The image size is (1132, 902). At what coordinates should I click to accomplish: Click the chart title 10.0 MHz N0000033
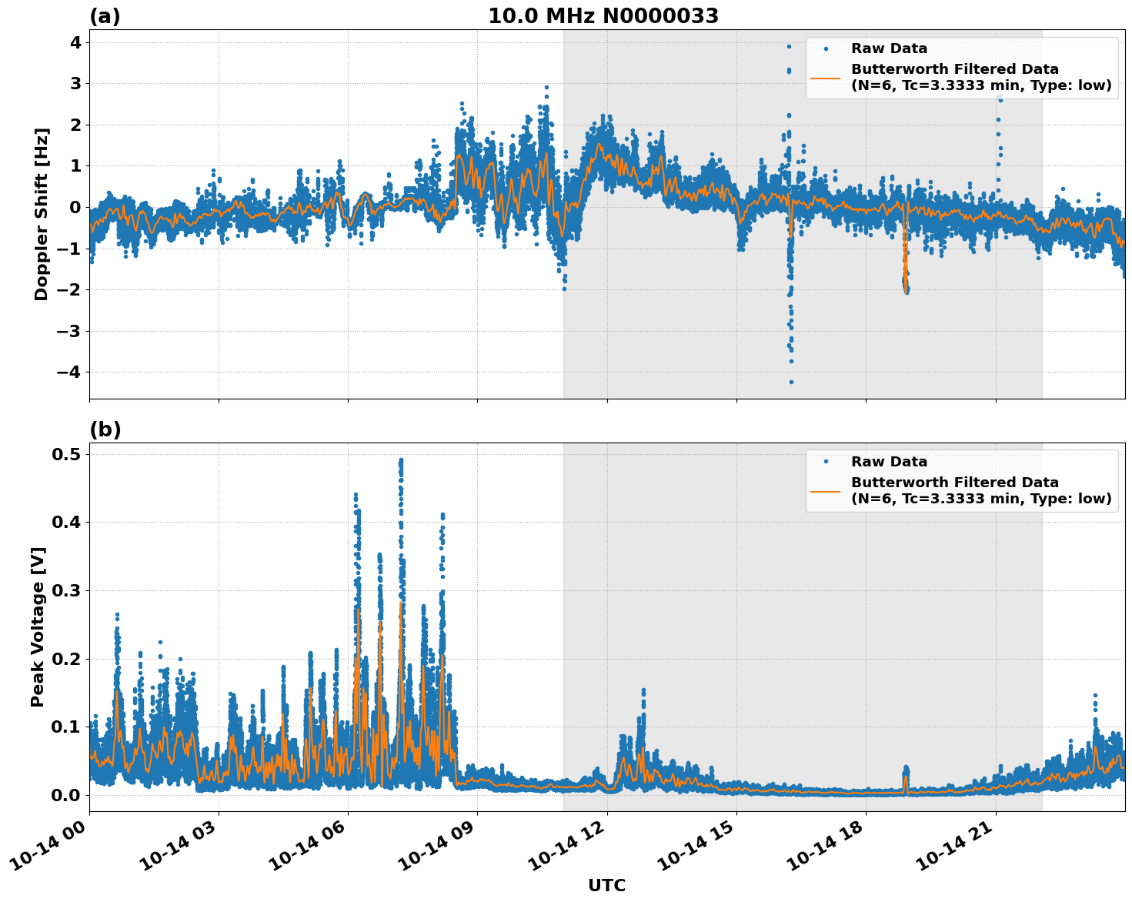[603, 16]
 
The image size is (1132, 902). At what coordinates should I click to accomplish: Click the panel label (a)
[105, 16]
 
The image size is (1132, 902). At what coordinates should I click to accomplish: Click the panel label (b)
[105, 429]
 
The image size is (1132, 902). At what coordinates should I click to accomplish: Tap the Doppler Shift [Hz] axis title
[42, 214]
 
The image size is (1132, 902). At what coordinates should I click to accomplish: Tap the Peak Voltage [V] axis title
[38, 626]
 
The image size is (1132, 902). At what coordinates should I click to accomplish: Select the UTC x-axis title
[606, 885]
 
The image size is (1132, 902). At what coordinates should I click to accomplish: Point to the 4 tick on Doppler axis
[75, 42]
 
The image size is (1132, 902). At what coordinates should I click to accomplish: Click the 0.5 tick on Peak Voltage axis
[67, 454]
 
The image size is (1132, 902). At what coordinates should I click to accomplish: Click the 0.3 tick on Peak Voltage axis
[67, 590]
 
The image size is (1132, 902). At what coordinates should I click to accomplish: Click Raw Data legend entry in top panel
[889, 48]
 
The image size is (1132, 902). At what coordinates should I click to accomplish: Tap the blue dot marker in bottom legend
[825, 462]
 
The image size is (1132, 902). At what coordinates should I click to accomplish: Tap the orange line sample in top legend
[825, 77]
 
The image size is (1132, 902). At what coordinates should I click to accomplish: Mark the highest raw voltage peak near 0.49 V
[401, 460]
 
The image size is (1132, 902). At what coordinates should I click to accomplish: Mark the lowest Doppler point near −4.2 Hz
[791, 382]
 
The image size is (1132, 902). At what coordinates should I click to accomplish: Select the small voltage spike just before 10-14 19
[906, 769]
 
